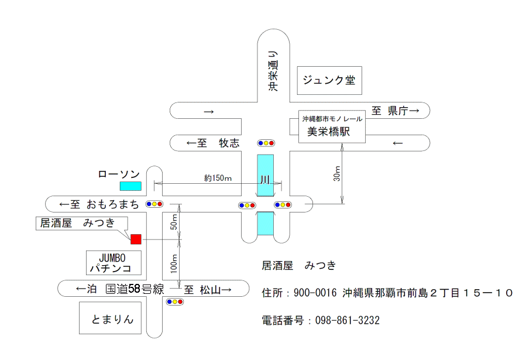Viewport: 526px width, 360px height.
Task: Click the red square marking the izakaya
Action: click(136, 239)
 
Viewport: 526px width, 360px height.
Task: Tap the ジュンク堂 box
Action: click(329, 81)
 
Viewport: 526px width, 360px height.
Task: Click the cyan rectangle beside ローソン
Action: click(130, 186)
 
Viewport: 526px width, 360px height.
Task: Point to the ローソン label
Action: click(119, 174)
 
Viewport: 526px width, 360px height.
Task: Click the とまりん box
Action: click(111, 318)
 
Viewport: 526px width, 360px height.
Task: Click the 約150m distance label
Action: click(218, 177)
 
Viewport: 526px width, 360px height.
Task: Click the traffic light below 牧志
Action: click(266, 143)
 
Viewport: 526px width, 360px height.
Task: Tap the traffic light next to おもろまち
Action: click(154, 204)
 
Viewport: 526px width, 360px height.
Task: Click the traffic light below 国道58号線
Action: click(175, 302)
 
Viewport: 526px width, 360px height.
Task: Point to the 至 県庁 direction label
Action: click(395, 111)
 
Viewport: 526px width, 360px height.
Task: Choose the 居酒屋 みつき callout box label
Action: click(82, 222)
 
